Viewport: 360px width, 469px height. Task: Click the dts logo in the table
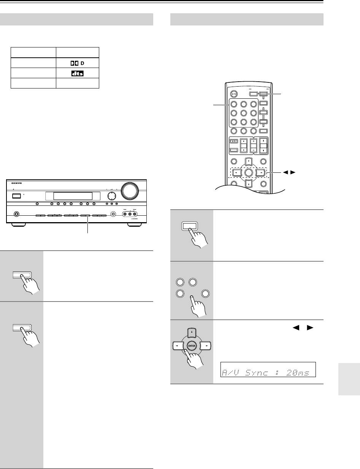click(x=77, y=73)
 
